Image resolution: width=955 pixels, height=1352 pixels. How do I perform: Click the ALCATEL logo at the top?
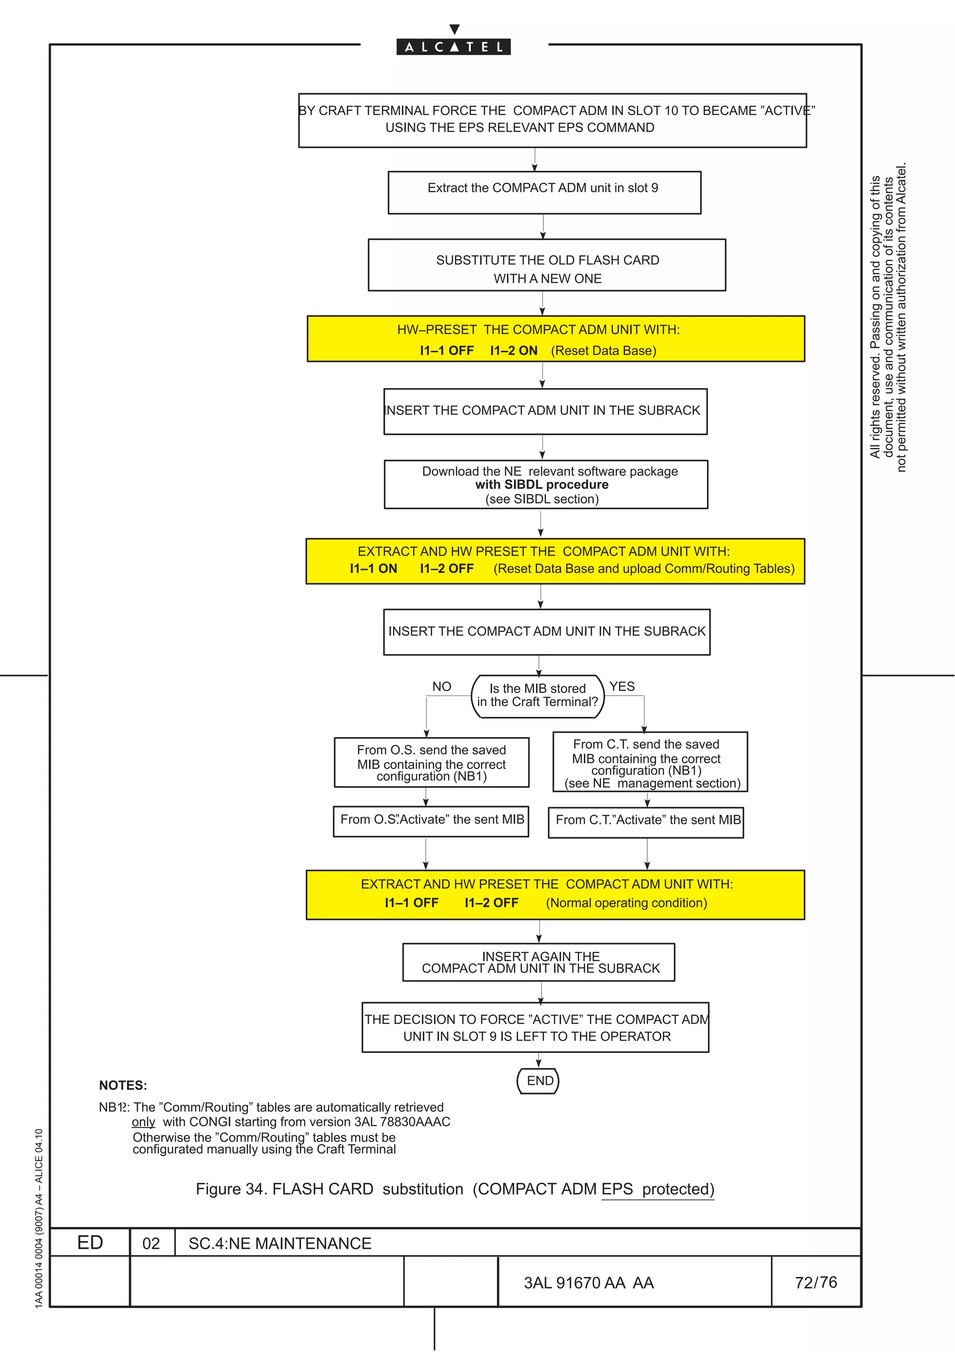pos(453,47)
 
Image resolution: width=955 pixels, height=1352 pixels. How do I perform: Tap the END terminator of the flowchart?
pos(538,1080)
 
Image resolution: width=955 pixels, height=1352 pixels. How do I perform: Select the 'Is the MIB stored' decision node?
pos(538,696)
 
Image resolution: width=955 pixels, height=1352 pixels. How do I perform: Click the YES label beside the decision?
pos(622,687)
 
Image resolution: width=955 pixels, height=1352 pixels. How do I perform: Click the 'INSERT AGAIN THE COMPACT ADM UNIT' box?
pos(539,962)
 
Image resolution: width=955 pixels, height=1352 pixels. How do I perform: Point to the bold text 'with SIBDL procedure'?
pos(542,485)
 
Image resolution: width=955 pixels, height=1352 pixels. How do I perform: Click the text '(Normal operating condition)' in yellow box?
pos(626,903)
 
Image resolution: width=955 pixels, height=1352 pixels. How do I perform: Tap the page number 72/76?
pos(816,1282)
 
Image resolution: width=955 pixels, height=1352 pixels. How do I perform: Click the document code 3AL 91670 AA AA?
pos(588,1283)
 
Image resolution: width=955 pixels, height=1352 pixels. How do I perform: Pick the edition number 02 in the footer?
pos(151,1244)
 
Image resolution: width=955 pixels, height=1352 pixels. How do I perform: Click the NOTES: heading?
pos(123,1085)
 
